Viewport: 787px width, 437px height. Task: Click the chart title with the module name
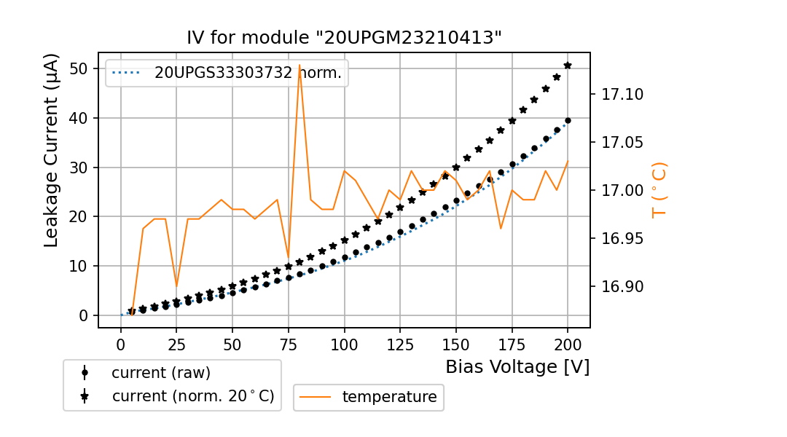point(344,38)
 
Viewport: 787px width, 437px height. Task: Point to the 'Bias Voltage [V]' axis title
point(517,367)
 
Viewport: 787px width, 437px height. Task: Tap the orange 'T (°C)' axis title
point(659,190)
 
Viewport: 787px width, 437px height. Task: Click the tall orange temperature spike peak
point(299,66)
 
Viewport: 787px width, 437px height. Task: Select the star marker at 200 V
point(568,66)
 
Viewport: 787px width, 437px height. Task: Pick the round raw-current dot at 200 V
point(568,121)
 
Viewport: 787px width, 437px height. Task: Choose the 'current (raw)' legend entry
point(160,373)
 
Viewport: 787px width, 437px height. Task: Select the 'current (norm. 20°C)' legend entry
point(192,396)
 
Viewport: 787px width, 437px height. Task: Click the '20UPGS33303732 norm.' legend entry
point(248,73)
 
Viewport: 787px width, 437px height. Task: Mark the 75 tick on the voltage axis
point(289,344)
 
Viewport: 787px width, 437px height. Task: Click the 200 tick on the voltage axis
point(568,344)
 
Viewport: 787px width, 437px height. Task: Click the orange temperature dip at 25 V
point(176,286)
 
